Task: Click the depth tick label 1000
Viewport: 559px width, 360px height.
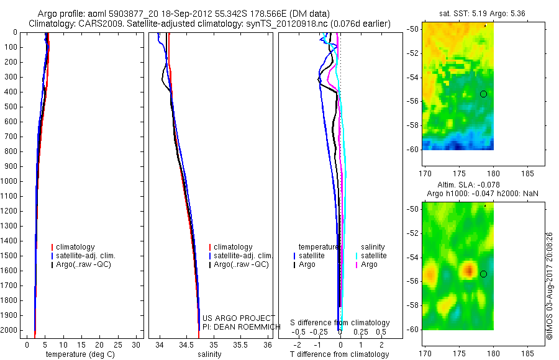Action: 9,181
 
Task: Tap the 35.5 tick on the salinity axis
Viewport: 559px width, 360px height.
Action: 240,345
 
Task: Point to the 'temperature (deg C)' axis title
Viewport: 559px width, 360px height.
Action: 80,354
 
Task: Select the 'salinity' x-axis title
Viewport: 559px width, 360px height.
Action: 209,354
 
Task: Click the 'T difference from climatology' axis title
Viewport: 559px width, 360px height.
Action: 339,354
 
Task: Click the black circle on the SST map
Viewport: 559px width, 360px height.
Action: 483,94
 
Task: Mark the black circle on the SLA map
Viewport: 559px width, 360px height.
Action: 483,274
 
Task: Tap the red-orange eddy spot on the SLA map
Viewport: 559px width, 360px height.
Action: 468,269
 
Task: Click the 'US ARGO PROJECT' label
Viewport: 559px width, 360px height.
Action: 239,318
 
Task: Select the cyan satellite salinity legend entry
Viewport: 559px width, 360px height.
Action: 371,256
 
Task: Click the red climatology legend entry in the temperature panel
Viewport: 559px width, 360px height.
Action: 73,247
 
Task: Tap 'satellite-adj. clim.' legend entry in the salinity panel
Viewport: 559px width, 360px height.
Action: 240,256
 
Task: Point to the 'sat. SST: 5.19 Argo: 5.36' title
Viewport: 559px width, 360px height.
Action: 482,14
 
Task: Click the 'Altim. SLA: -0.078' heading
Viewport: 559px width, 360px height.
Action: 468,184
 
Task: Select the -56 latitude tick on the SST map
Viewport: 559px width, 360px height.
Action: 413,101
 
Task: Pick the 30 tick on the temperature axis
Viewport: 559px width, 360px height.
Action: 136,345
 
